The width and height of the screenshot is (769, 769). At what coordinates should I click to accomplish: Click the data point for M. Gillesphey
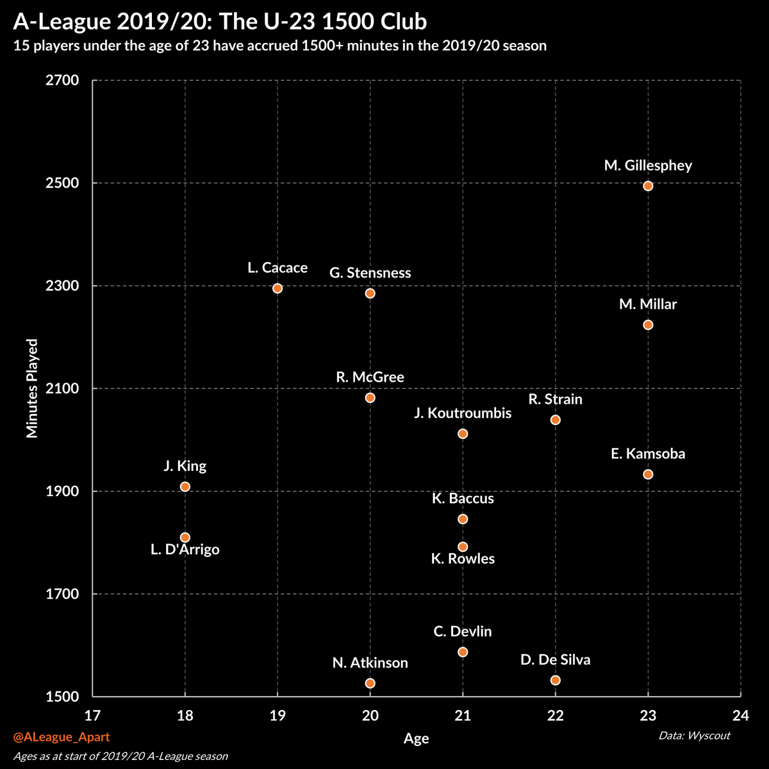[x=648, y=186]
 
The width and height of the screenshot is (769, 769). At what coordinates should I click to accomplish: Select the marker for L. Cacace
[x=277, y=288]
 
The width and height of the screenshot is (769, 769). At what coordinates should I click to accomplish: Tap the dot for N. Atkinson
[x=370, y=683]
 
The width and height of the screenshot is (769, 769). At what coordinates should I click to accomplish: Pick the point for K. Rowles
[x=463, y=547]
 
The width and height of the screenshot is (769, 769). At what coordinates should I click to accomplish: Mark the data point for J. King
[x=185, y=486]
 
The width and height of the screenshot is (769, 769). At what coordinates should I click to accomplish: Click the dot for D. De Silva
[x=556, y=680]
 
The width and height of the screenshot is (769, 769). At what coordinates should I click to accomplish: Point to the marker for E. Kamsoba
[x=648, y=474]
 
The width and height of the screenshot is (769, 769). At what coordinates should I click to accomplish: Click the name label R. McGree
[x=370, y=377]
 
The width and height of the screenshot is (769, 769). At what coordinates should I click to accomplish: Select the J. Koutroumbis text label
[x=463, y=413]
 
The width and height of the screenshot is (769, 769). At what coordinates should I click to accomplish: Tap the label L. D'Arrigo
[x=185, y=550]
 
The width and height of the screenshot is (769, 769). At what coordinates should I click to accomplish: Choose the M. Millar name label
[x=648, y=304]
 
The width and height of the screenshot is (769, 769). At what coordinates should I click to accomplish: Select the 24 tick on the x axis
[x=741, y=715]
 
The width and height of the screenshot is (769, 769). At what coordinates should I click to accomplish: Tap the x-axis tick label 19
[x=277, y=715]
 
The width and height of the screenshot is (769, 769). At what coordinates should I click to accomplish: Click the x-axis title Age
[x=416, y=739]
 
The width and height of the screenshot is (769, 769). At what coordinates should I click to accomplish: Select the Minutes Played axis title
[x=32, y=388]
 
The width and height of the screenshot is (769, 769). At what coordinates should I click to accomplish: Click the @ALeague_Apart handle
[x=61, y=738]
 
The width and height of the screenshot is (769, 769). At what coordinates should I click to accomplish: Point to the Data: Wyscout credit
[x=694, y=735]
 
